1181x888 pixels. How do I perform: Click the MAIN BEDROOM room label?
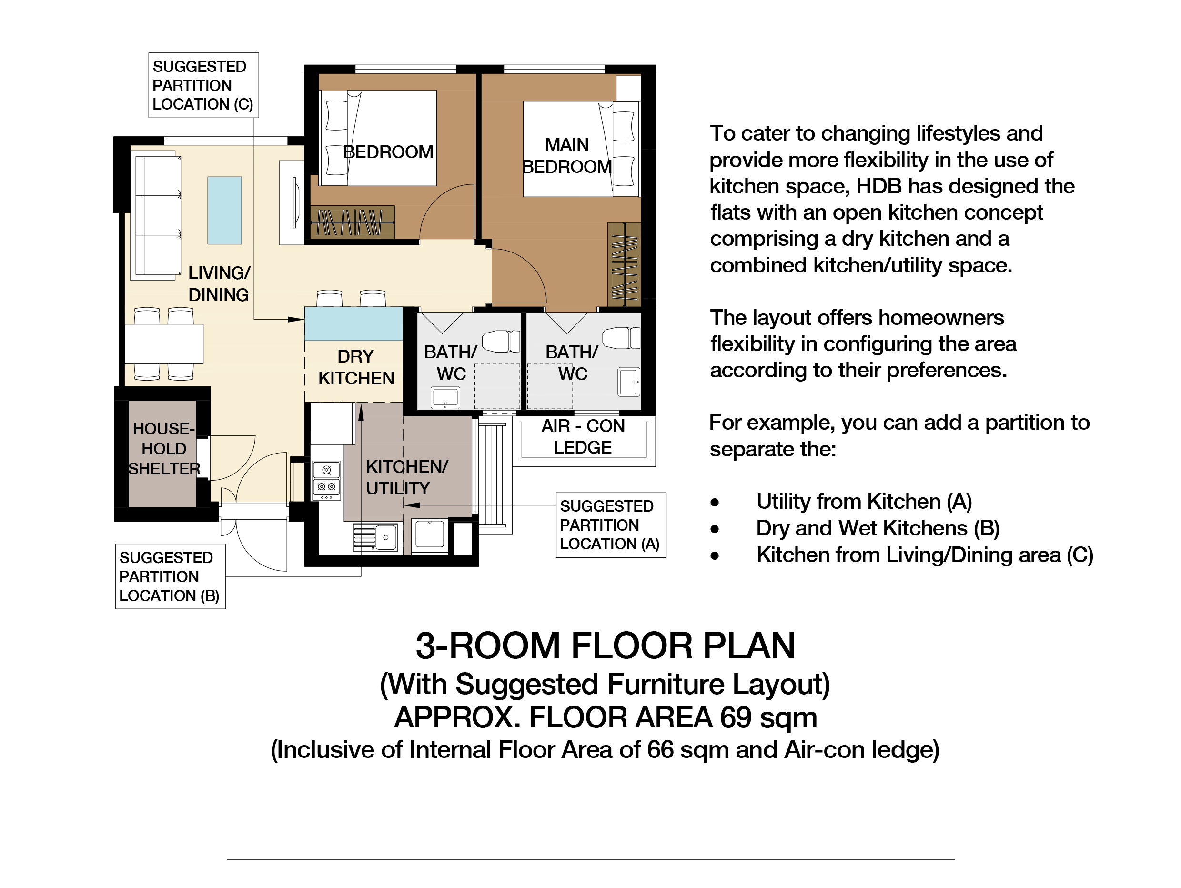[566, 155]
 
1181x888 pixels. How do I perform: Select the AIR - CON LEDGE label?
[583, 437]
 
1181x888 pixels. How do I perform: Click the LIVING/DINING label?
[219, 283]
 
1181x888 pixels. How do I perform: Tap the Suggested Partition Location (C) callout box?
[203, 85]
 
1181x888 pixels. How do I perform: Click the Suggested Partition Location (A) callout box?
[611, 525]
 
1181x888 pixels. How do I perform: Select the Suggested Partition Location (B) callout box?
[171, 576]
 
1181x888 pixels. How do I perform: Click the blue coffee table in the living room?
[224, 211]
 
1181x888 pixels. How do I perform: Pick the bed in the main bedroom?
[581, 149]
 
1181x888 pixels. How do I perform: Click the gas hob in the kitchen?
[326, 481]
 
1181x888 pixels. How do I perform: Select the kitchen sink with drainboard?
[375, 537]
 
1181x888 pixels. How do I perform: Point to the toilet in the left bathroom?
[501, 341]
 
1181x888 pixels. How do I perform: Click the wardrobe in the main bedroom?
[624, 264]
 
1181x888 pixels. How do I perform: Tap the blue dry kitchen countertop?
[353, 323]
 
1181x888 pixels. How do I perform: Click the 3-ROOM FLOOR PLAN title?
[606, 646]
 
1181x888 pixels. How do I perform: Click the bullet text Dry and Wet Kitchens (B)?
[878, 528]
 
